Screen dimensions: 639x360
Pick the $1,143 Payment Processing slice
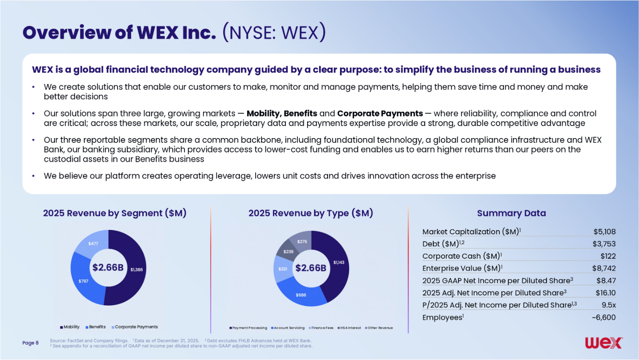tap(339, 262)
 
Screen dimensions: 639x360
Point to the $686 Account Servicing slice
tap(301, 295)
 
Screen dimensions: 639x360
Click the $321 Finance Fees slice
tap(283, 269)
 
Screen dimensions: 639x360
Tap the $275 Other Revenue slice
tap(302, 242)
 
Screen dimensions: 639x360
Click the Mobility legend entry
tap(69, 327)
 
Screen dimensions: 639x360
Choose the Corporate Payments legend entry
tap(135, 327)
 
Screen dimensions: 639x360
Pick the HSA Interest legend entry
tap(349, 328)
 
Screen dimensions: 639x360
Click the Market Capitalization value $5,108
tap(604, 232)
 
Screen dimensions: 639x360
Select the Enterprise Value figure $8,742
tap(604, 268)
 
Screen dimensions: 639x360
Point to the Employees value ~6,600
tap(604, 317)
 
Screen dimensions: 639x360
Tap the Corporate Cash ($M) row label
tap(462, 256)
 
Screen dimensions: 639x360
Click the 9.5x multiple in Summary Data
tap(609, 305)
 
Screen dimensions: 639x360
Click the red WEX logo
tap(604, 343)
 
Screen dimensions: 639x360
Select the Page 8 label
tap(31, 343)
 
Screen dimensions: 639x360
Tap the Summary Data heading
tap(512, 213)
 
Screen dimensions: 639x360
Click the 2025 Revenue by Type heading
tap(311, 213)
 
